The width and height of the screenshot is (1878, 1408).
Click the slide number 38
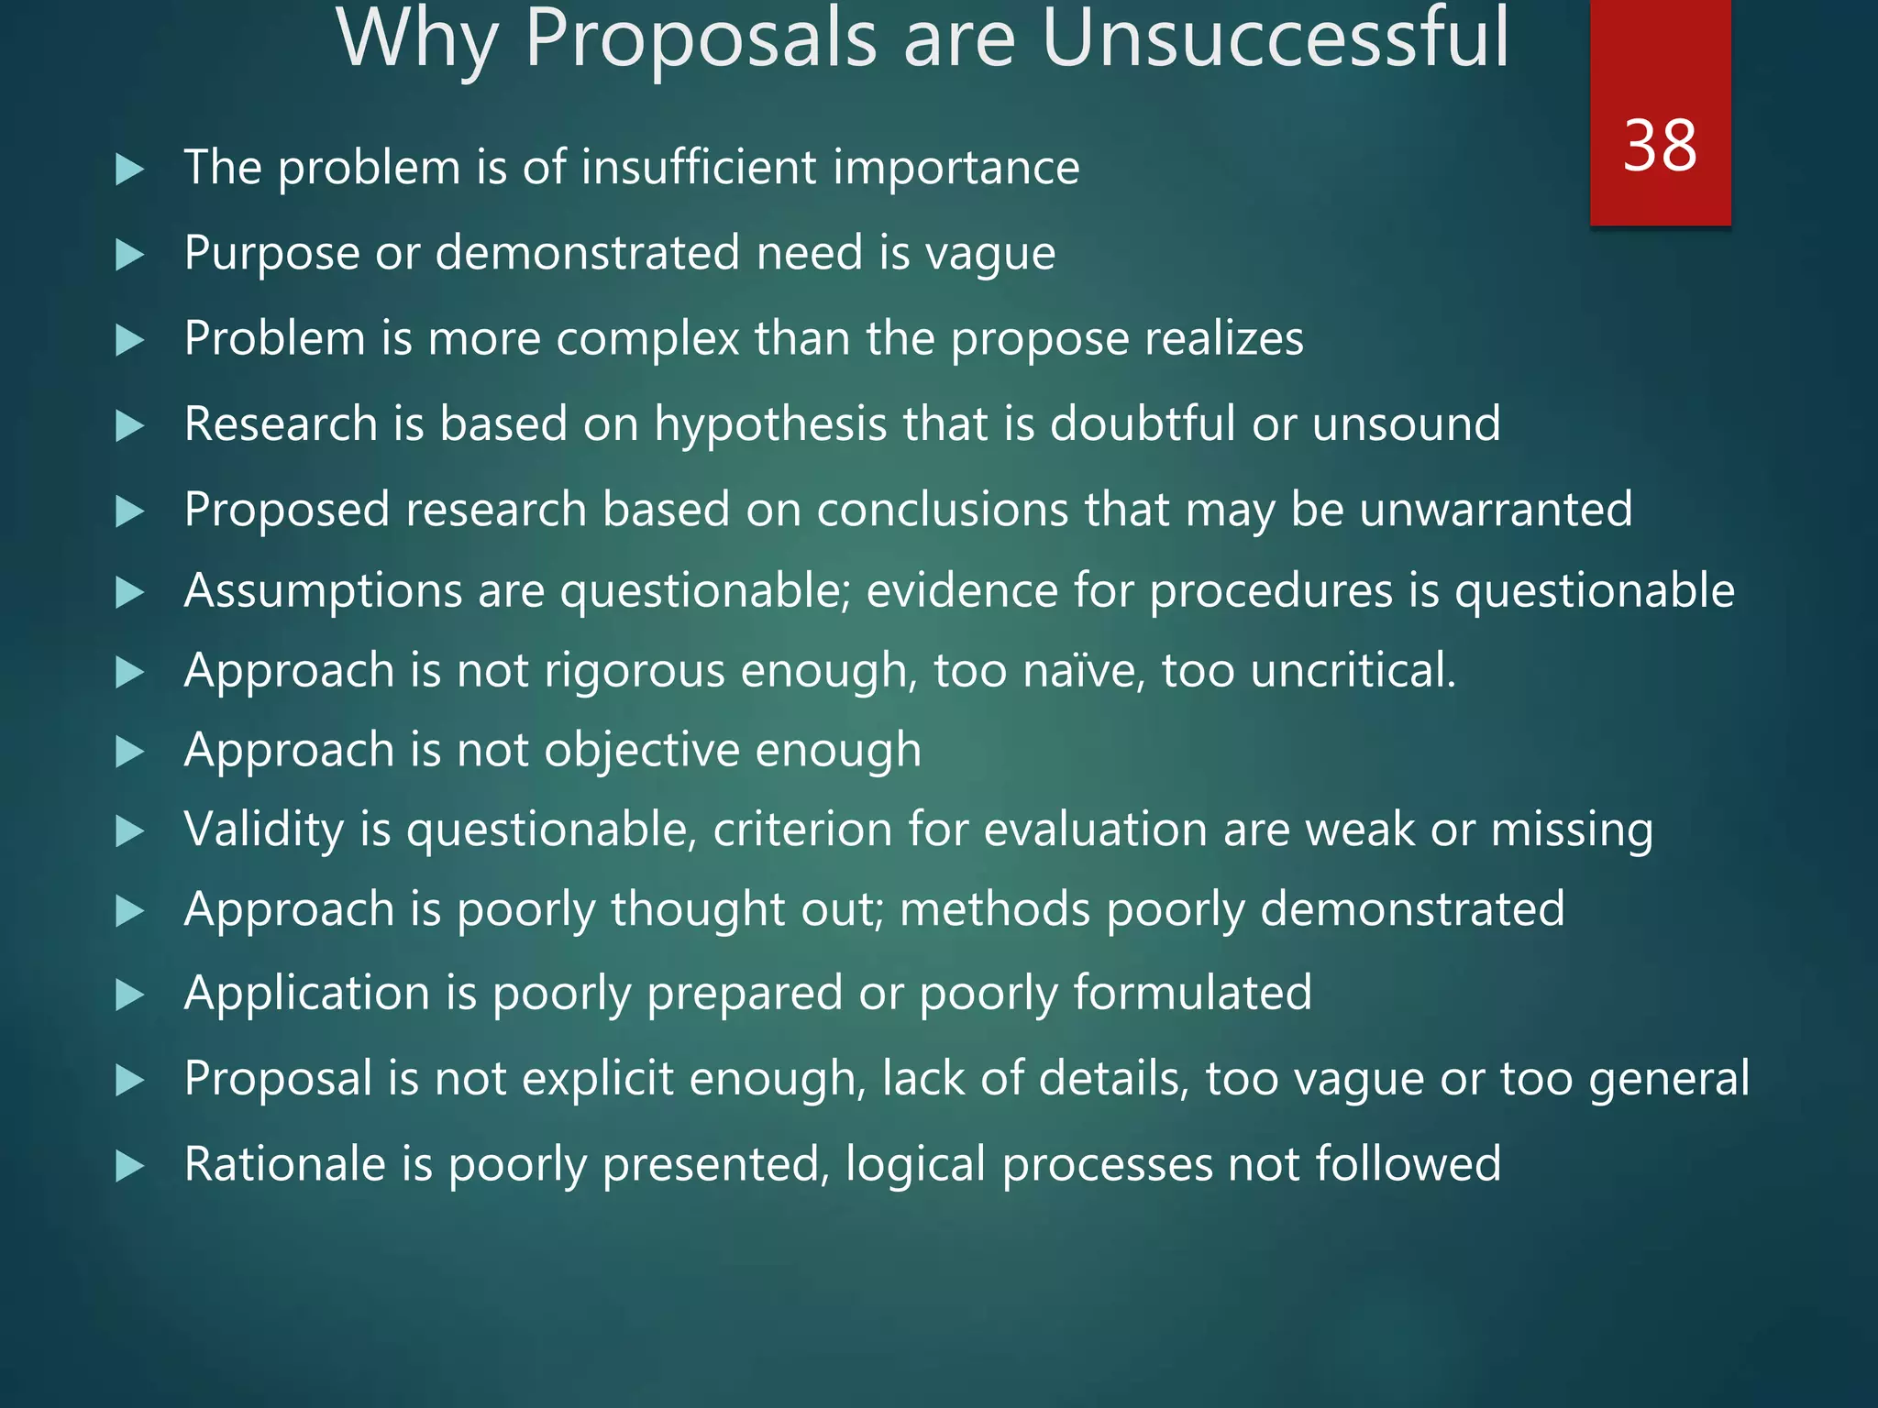(x=1660, y=146)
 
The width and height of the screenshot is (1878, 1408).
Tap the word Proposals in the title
(x=701, y=41)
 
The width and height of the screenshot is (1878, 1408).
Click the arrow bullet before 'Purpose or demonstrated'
(x=130, y=255)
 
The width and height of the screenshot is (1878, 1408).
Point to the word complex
(x=647, y=339)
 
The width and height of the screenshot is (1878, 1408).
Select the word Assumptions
(x=323, y=591)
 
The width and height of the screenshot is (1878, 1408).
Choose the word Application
(x=306, y=994)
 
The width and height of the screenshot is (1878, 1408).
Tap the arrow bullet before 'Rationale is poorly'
(x=130, y=1167)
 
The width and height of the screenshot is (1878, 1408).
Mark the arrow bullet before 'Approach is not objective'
(x=130, y=753)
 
